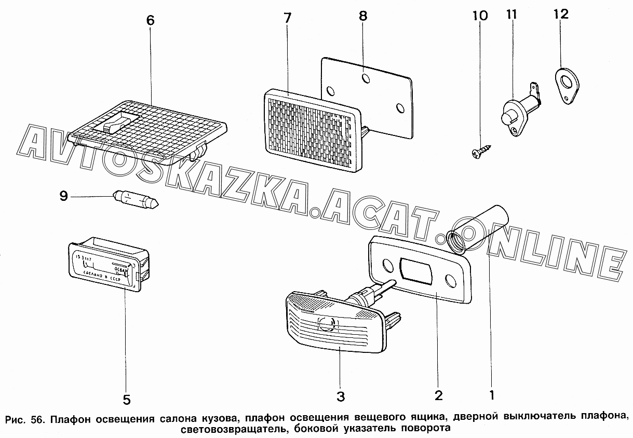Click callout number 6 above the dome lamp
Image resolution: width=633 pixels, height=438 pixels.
pos(150,21)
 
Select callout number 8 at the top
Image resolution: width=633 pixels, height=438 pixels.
pos(362,16)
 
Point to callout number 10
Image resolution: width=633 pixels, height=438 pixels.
pos(480,16)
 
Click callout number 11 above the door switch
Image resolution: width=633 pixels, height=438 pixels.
pos(511,14)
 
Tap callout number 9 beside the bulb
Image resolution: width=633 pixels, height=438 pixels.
pos(64,196)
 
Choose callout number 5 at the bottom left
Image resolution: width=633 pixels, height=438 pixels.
pos(126,400)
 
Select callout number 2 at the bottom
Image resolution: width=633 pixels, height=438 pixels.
pos(438,396)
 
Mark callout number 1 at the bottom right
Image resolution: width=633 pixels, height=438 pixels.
pos(491,394)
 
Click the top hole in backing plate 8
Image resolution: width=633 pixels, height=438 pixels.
pos(366,78)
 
